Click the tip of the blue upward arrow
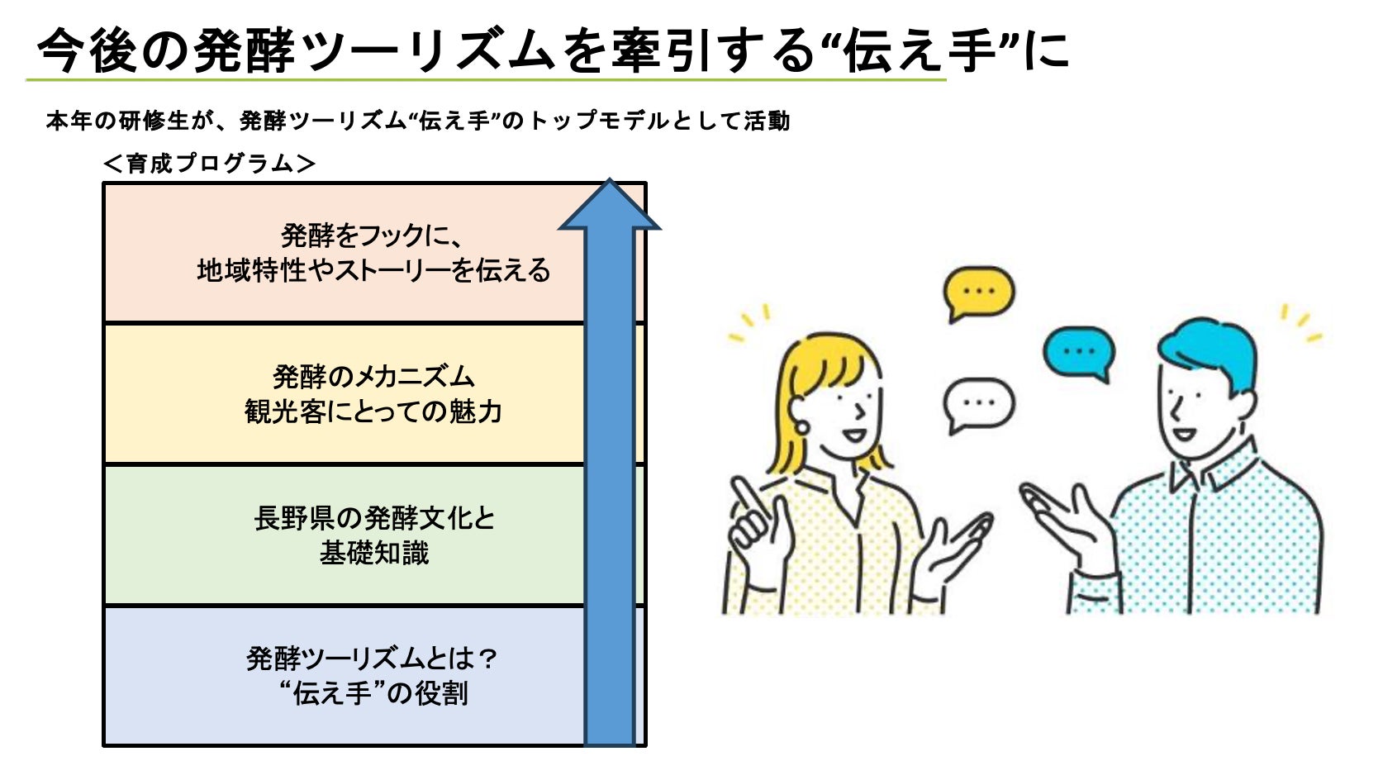tap(610, 182)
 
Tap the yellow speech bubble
tap(979, 292)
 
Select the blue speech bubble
tap(1079, 352)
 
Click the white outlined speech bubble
tap(978, 403)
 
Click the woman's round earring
tap(801, 427)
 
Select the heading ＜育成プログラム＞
tap(209, 164)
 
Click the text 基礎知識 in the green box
tap(374, 553)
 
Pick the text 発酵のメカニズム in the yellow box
tap(373, 377)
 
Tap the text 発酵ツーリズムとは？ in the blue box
tap(373, 659)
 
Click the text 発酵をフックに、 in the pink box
tap(372, 235)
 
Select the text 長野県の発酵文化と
tap(374, 518)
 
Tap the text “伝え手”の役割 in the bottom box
tap(373, 693)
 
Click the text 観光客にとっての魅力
tap(373, 411)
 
